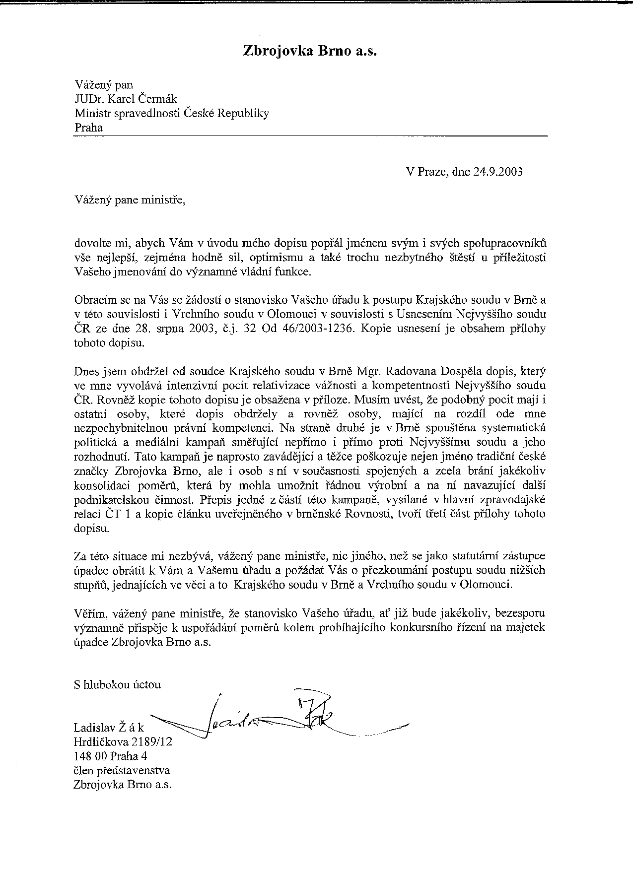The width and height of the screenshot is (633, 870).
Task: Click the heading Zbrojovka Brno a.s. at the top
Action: pyautogui.click(x=310, y=51)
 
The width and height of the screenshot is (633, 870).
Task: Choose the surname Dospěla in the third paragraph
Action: pyautogui.click(x=423, y=371)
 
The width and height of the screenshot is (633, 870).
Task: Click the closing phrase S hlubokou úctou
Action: pyautogui.click(x=117, y=684)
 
